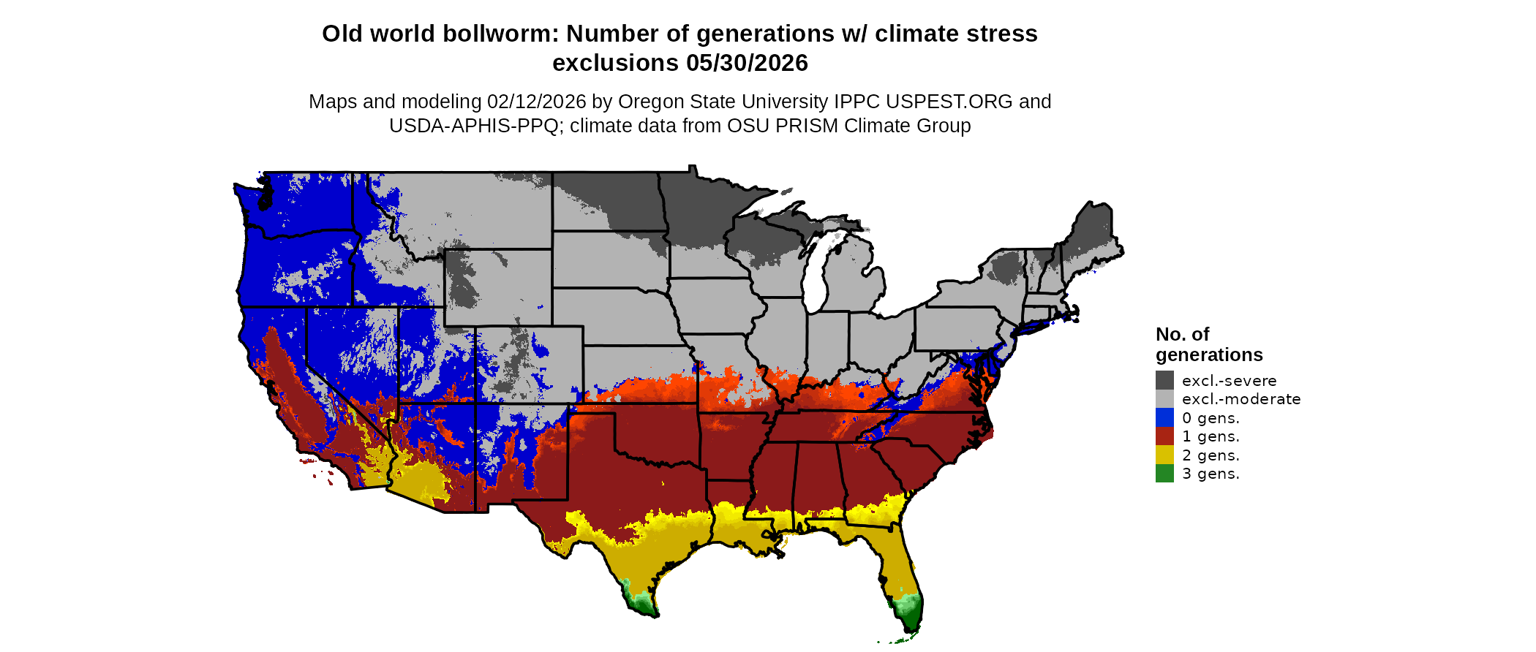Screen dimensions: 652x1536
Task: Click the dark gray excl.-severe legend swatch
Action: (1164, 380)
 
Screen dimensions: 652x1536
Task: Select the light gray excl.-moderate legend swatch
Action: (1164, 399)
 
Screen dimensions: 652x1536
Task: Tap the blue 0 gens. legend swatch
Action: (1164, 417)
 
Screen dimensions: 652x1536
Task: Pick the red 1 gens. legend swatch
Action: (1164, 436)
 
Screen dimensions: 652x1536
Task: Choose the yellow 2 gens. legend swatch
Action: (1164, 455)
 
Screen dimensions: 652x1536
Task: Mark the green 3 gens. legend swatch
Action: (1164, 474)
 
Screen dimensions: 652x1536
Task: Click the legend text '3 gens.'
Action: (1211, 474)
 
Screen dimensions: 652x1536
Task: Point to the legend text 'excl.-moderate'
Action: (1241, 399)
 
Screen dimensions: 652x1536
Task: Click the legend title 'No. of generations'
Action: (1208, 344)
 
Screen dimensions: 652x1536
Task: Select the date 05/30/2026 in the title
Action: (747, 63)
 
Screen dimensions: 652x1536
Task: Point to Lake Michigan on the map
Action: (816, 278)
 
